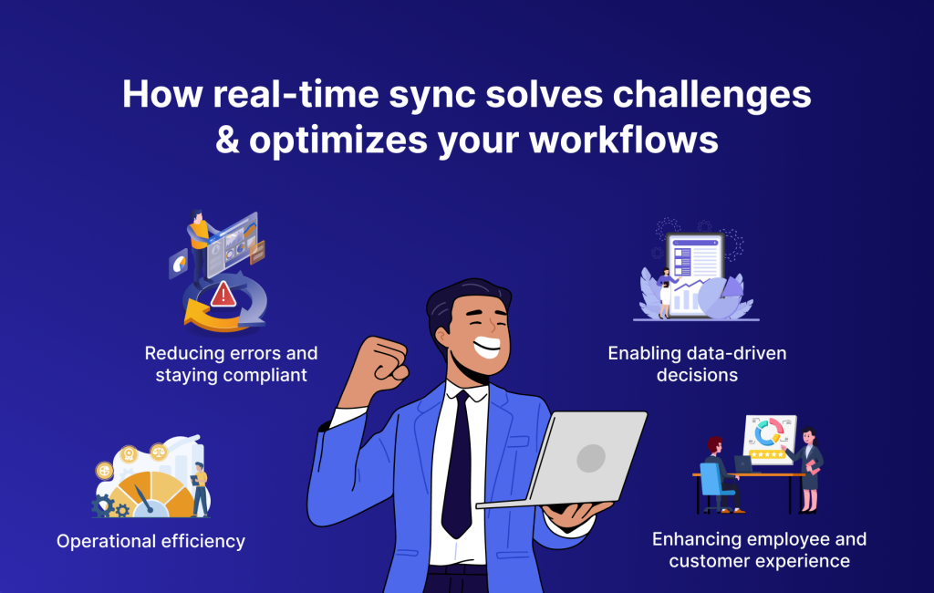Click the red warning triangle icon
[223, 294]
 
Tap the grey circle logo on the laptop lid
[590, 457]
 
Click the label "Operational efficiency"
[150, 541]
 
